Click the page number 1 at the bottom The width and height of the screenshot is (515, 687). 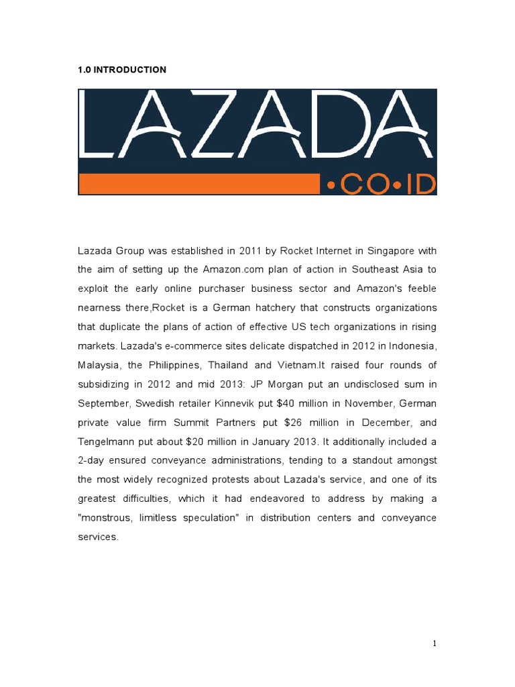435,643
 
